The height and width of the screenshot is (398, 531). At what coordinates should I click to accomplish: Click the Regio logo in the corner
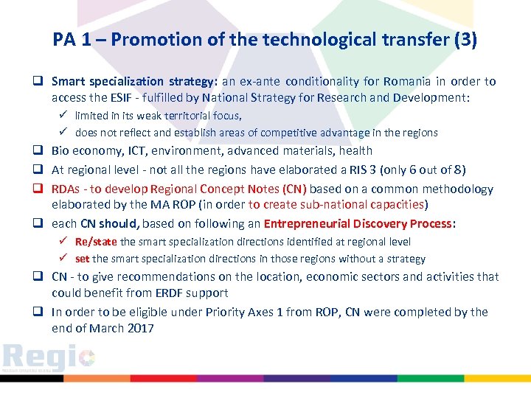[x=49, y=357]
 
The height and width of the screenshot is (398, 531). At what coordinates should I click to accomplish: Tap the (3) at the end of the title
[x=465, y=40]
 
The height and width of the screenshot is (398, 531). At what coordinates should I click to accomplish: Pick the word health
[x=355, y=151]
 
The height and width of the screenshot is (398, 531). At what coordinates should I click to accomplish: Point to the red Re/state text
[x=96, y=242]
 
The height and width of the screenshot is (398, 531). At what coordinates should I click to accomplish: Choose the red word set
[x=82, y=259]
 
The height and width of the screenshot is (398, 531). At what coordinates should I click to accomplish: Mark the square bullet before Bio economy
[x=41, y=151]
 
